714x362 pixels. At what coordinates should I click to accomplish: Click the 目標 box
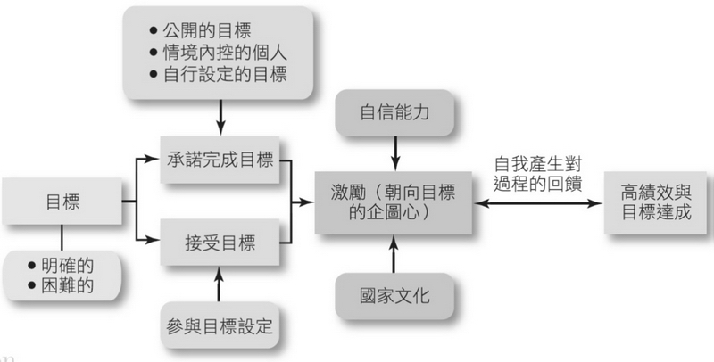[62, 202]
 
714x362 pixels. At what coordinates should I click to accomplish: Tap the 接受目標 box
[220, 241]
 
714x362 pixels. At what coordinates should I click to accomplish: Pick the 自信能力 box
[393, 113]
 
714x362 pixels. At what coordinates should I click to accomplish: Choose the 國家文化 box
[393, 295]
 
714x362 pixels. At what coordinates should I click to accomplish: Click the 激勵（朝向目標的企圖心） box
[393, 202]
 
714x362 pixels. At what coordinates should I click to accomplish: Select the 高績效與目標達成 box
[659, 202]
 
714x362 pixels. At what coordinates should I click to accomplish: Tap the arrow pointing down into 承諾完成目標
[220, 115]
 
